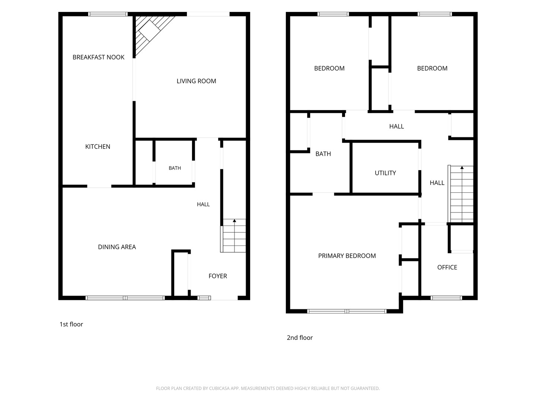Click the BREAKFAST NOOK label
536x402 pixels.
98,57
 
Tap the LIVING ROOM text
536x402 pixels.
196,81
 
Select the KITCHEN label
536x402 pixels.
98,146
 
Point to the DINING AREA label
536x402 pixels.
117,247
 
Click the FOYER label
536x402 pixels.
218,276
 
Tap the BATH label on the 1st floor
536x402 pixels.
175,168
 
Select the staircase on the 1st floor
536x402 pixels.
233,236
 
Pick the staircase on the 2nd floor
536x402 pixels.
460,194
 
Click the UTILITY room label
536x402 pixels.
385,173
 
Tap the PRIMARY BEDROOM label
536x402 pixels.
347,256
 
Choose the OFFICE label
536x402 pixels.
447,267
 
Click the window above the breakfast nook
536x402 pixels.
108,14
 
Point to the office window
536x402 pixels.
446,298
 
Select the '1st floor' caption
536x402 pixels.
71,324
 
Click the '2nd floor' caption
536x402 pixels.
300,338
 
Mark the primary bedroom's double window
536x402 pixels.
347,311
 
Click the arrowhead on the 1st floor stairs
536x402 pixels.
234,221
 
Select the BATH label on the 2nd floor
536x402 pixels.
323,154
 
